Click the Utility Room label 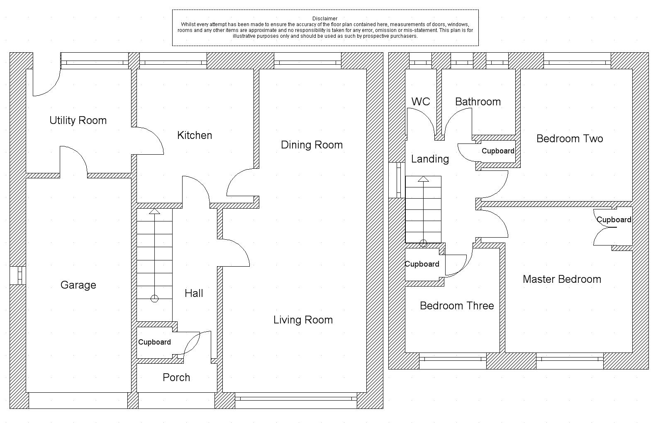click(x=78, y=120)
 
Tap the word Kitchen click(x=195, y=135)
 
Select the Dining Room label click(x=312, y=145)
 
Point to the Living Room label click(x=303, y=320)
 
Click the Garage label click(x=78, y=285)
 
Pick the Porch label click(x=176, y=377)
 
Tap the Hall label click(x=194, y=293)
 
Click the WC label click(x=421, y=102)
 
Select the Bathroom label click(x=478, y=102)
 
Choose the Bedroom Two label click(x=570, y=139)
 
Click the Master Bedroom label click(x=562, y=279)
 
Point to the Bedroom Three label click(x=457, y=306)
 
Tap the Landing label click(x=430, y=159)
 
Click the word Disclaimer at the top click(x=325, y=19)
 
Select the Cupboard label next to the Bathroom click(x=498, y=151)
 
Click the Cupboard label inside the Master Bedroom click(x=614, y=219)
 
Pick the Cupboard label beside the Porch click(x=154, y=342)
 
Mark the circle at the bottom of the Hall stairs click(x=154, y=299)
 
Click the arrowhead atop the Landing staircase click(x=423, y=179)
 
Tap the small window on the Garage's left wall click(x=18, y=275)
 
